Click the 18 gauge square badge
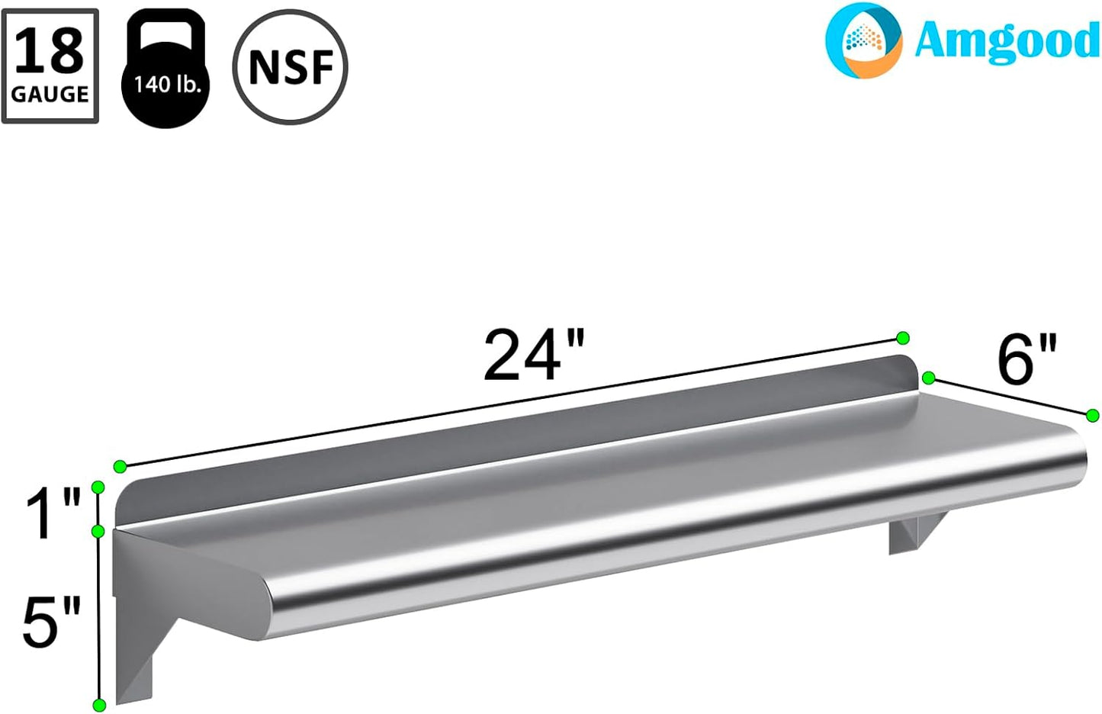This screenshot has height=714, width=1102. (x=50, y=66)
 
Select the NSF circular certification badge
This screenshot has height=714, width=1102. (x=290, y=67)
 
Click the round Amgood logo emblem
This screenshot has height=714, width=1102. (x=863, y=40)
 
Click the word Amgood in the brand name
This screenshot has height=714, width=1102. (x=1006, y=40)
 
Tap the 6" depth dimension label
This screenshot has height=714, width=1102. (x=1026, y=360)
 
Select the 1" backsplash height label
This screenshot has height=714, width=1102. (x=52, y=515)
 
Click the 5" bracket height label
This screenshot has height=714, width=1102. (x=50, y=622)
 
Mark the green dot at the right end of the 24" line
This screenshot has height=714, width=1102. (x=903, y=338)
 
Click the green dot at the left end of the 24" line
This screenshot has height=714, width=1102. (x=120, y=466)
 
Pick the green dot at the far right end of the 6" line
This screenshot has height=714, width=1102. (x=1092, y=416)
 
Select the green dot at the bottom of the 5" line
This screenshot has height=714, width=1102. (x=98, y=705)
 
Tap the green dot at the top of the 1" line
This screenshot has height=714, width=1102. (x=98, y=487)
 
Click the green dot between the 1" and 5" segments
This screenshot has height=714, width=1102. (x=98, y=530)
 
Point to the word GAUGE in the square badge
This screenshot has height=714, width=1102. (x=50, y=95)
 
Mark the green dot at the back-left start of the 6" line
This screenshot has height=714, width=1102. (x=928, y=378)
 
